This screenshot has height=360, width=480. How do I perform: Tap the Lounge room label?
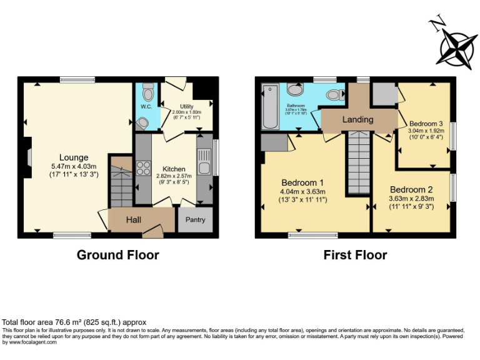[x=74, y=157]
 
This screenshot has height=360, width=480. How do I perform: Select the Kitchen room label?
[x=174, y=169]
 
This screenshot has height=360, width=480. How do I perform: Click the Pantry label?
[x=195, y=220]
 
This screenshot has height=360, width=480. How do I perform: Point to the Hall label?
[x=134, y=220]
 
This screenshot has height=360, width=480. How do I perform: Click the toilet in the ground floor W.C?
[x=147, y=94]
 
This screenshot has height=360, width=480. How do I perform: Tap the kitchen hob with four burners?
[x=143, y=168]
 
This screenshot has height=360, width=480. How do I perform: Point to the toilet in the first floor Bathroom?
[x=336, y=95]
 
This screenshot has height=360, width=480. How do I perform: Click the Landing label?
[x=358, y=119]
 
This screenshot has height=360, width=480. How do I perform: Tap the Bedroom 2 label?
[x=411, y=189]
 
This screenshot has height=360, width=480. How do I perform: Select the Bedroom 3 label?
[x=425, y=123]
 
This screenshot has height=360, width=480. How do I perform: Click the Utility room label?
[x=186, y=107]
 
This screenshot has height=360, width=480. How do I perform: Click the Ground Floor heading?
[x=117, y=255]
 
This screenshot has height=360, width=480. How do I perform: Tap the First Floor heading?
[x=355, y=255]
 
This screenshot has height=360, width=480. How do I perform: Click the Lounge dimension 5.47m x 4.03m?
[x=74, y=166]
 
